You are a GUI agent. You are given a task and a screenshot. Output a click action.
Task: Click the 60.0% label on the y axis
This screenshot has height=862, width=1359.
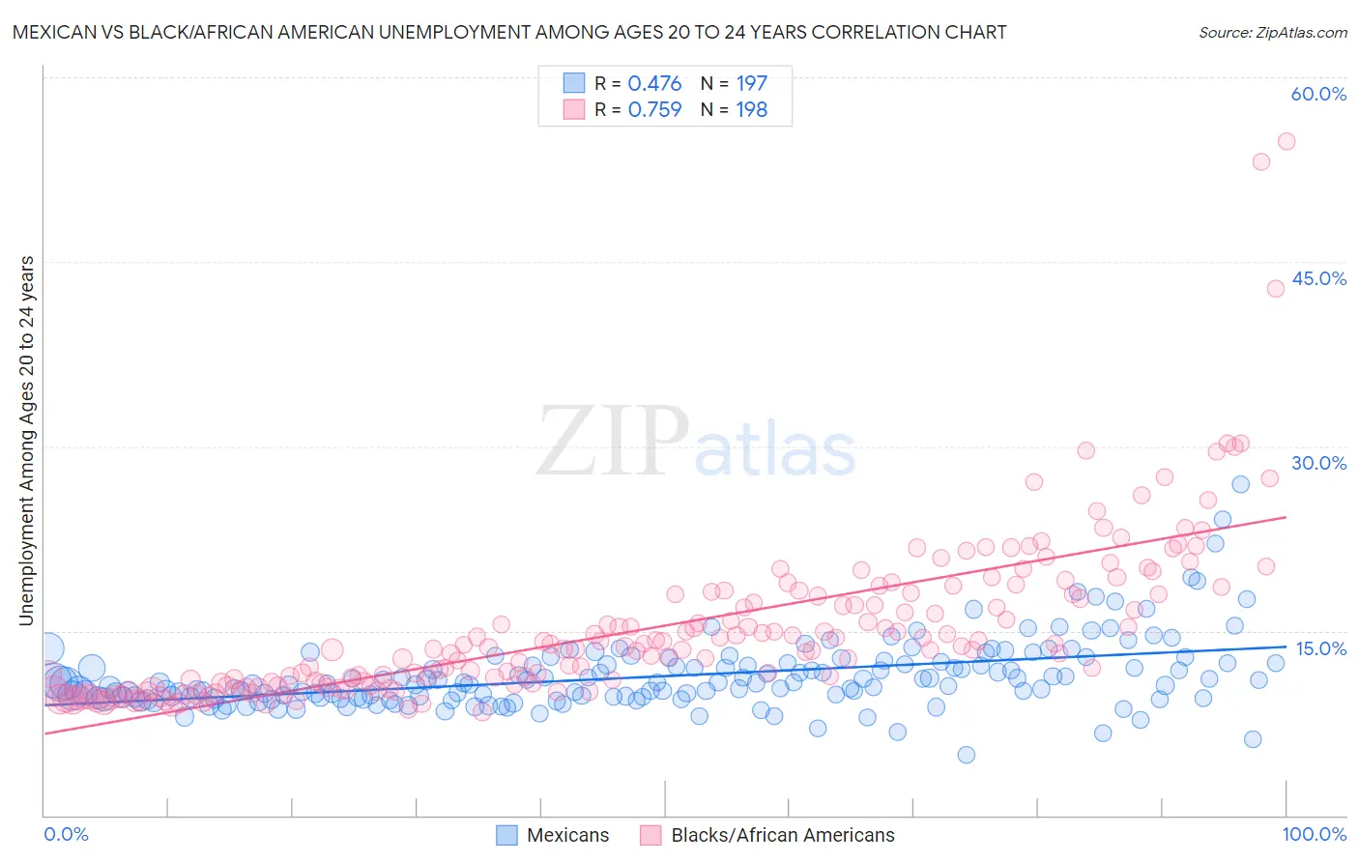coord(1318,95)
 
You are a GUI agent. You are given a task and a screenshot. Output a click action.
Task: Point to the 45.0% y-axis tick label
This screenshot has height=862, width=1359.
coord(1318,278)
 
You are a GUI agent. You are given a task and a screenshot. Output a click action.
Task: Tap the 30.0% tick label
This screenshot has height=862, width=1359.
coord(1318,463)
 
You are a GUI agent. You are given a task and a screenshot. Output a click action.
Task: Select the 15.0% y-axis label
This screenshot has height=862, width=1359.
coord(1320,648)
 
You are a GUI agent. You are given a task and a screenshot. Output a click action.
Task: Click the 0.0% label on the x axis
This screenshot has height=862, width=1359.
coord(67,835)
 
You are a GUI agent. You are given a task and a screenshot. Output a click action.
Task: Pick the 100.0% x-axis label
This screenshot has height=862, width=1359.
coord(1315,835)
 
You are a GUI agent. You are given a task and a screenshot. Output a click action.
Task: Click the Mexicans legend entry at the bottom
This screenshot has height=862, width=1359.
coord(567,836)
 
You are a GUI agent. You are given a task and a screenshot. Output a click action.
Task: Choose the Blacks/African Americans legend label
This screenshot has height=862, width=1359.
coord(783,836)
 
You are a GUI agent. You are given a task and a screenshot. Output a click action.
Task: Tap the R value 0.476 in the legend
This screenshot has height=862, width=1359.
coord(654,84)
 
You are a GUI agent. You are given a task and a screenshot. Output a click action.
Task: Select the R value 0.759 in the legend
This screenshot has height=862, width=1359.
coord(654,110)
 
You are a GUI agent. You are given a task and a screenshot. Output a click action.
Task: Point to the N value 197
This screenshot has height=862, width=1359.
coord(751,84)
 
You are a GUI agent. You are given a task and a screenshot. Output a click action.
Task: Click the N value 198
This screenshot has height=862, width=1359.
coord(751,110)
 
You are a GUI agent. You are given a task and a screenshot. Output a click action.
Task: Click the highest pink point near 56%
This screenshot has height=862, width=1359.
coord(1287,141)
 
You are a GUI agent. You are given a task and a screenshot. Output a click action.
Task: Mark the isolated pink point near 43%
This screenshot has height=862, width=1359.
coord(1276,288)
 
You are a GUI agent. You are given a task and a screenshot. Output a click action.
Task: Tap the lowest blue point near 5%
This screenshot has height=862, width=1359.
coord(967,755)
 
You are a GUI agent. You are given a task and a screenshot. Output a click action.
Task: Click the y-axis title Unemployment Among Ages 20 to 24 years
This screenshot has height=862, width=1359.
coord(27,441)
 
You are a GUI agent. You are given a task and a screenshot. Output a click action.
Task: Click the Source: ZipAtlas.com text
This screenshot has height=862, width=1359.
coord(1272,33)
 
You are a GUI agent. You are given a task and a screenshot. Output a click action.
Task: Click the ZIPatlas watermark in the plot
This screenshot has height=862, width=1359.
coord(696,443)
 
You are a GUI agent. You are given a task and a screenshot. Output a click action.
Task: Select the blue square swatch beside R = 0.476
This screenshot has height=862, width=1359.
coord(574,84)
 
